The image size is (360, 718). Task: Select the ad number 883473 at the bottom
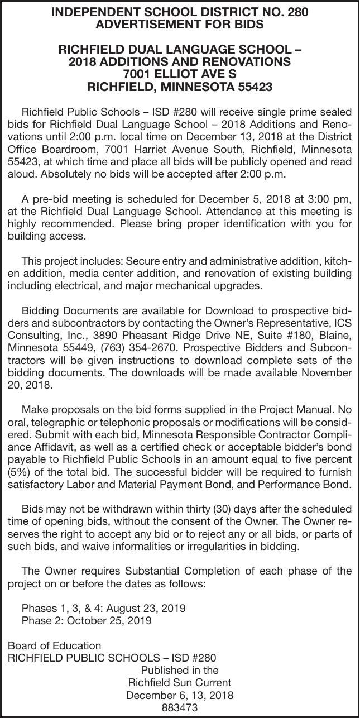[179, 708]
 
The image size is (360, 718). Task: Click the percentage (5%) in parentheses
[20, 472]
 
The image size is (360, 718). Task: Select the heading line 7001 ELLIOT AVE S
[180, 74]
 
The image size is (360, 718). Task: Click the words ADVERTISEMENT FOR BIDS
[180, 25]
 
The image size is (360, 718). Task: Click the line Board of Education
[55, 645]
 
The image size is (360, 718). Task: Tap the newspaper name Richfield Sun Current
[179, 682]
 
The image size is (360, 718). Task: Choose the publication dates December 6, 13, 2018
[179, 695]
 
